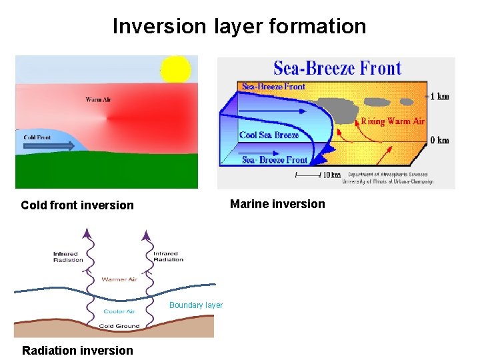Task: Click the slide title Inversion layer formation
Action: pos(239,26)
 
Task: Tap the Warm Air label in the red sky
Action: pos(98,100)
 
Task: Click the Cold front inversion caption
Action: pos(77,205)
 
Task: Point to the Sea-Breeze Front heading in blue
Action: pos(337,68)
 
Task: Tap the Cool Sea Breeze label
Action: pos(269,135)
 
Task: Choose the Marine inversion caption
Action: pos(277,204)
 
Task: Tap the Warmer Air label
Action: pos(119,279)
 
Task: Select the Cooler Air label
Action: pos(119,311)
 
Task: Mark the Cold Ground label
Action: pos(119,326)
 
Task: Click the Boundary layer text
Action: pos(196,305)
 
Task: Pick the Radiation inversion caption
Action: pos(77,351)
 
